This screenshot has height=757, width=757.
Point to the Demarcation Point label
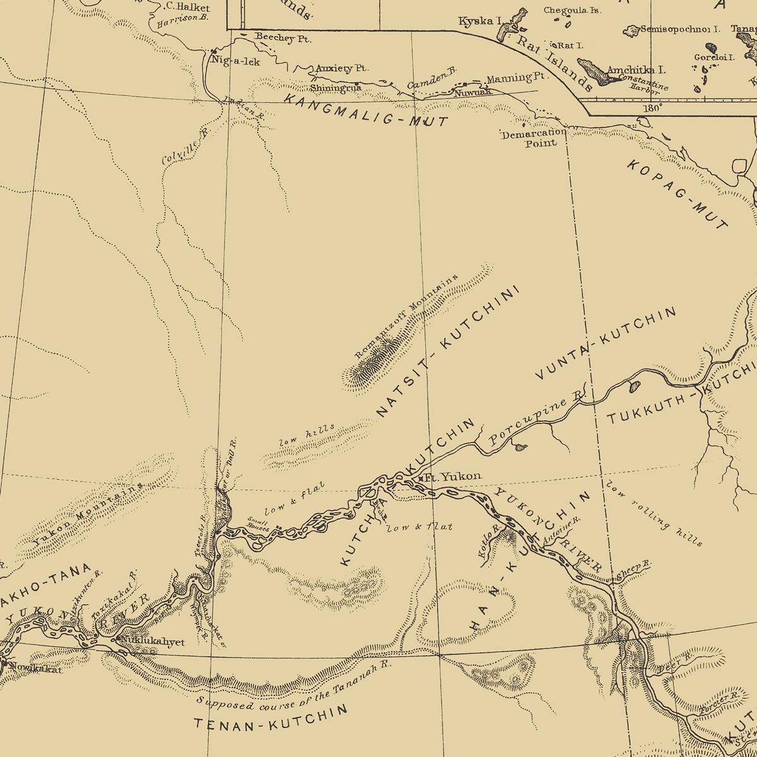[534, 138]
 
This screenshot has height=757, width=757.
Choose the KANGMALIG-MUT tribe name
[365, 110]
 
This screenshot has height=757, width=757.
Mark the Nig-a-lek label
[237, 61]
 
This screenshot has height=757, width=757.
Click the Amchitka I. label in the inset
[636, 70]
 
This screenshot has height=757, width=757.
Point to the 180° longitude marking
[652, 107]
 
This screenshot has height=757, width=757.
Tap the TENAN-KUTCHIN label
[271, 719]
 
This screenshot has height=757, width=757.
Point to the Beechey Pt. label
[283, 38]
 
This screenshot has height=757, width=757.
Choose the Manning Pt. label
[516, 78]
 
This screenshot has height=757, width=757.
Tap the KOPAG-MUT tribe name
[678, 194]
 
